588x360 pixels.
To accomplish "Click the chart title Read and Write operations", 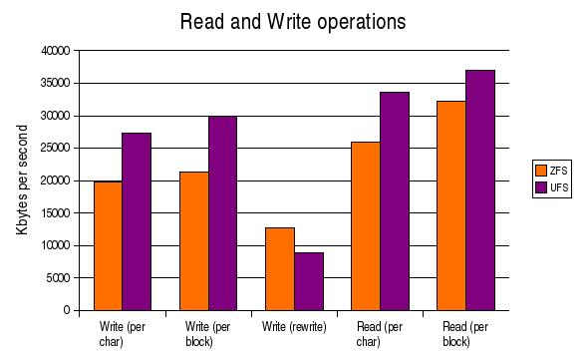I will click(293, 21).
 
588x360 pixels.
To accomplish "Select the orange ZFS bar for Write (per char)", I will click(108, 245).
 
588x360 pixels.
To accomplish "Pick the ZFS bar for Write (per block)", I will click(193, 240).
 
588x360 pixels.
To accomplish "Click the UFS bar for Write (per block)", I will click(222, 212).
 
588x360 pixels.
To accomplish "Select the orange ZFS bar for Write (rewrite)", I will click(279, 268).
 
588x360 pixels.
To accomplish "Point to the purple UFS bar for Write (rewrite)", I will click(308, 281).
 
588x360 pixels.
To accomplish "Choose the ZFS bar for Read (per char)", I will click(365, 225).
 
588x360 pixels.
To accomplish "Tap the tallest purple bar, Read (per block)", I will click(479, 189).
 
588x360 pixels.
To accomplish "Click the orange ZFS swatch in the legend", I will click(541, 169).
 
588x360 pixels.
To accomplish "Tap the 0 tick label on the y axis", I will click(66, 310).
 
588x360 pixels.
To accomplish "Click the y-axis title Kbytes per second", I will click(22, 180).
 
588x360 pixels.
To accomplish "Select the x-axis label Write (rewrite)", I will click(293, 327).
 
